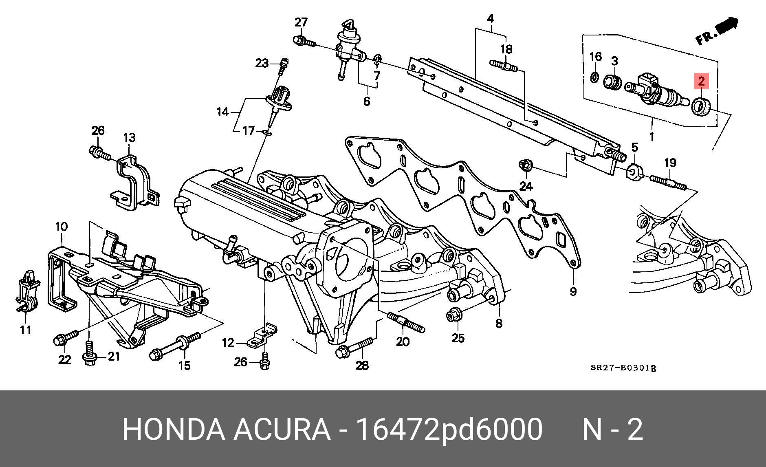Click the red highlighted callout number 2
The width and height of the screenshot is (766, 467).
(701, 82)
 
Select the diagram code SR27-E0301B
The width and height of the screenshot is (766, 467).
(623, 368)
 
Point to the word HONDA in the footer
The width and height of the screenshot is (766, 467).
(173, 429)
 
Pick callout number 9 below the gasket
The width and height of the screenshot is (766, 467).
(573, 291)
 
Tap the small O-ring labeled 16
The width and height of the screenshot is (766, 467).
(594, 77)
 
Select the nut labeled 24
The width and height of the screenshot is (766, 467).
(525, 165)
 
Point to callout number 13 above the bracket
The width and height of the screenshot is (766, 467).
(129, 137)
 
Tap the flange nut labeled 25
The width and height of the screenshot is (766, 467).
(453, 316)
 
